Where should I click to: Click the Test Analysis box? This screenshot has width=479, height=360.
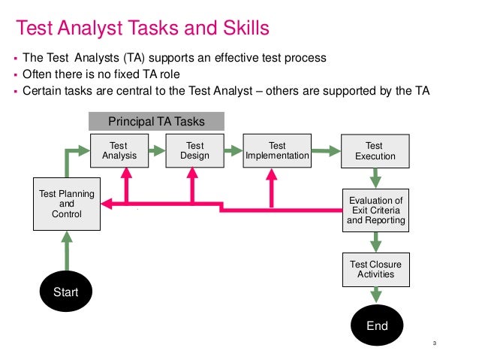click(118, 151)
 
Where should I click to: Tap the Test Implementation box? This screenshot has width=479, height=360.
click(277, 151)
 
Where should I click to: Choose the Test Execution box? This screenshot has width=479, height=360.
click(374, 151)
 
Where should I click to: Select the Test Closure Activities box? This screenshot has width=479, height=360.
click(376, 270)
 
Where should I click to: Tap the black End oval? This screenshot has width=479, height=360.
click(377, 325)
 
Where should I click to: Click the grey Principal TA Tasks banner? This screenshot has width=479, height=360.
click(156, 121)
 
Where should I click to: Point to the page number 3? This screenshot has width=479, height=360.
click(435, 344)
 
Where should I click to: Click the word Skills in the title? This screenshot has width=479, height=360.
click(240, 29)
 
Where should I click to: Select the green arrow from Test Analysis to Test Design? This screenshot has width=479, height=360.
click(156, 152)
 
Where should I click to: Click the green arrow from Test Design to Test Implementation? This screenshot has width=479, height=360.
click(232, 152)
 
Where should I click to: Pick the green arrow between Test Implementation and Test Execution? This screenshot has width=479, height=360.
click(326, 153)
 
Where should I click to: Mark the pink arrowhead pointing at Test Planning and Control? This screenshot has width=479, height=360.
click(110, 203)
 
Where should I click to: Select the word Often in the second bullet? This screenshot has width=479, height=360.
click(36, 75)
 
